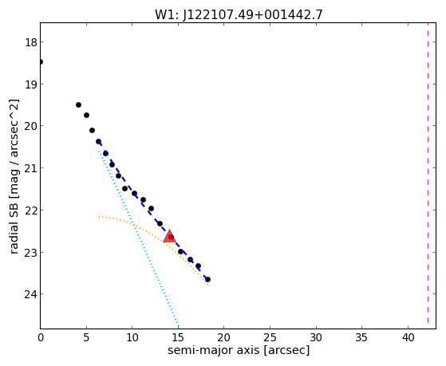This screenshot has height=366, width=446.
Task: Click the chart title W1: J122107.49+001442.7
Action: point(239,14)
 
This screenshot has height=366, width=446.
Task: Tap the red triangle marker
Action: point(169,237)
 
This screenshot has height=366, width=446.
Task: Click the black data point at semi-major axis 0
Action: point(41,61)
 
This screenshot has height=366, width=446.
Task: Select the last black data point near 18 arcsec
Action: point(207,280)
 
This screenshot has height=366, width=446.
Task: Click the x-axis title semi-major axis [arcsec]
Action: point(239,350)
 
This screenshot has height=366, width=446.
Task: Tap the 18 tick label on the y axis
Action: point(30,42)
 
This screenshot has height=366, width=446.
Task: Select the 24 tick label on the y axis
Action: point(30,294)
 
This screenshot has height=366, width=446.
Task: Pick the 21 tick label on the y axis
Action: point(30,168)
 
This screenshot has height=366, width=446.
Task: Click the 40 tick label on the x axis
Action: point(408,337)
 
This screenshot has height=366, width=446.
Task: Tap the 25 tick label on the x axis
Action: point(270,337)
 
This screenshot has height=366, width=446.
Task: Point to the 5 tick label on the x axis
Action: point(86,337)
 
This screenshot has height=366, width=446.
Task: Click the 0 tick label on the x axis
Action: point(41,337)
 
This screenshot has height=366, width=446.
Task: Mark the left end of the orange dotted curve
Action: point(99,217)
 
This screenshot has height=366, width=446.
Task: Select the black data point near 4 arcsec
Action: point(78,105)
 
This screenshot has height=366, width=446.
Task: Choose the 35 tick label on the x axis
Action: point(361,337)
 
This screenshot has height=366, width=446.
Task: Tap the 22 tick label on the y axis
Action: point(30,211)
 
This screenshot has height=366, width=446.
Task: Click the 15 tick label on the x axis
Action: point(178,337)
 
